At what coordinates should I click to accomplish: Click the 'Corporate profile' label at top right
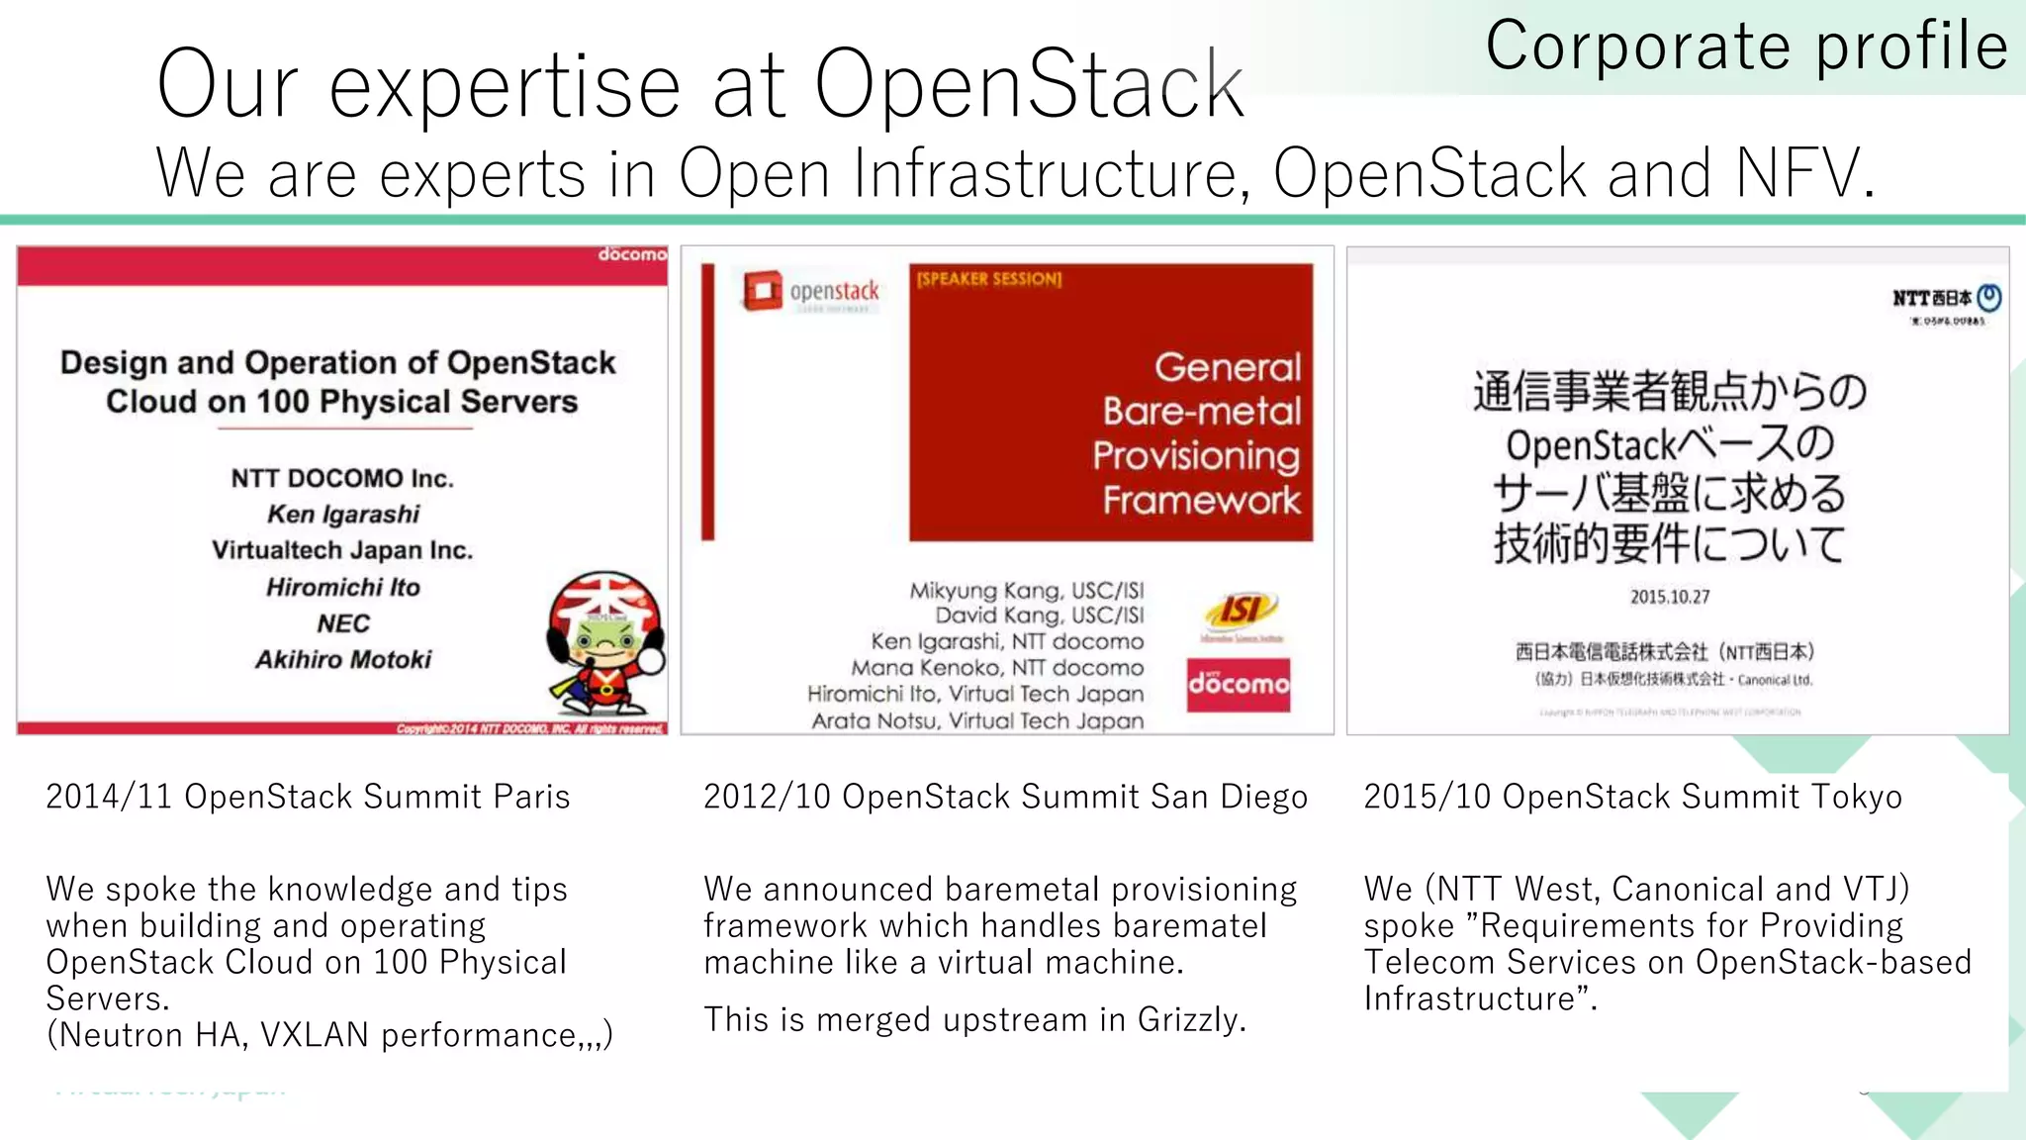pos(1746,47)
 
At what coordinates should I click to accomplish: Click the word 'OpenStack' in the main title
pos(1029,85)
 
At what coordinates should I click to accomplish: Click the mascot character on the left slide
pos(604,644)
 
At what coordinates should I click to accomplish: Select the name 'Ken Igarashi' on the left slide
pos(343,515)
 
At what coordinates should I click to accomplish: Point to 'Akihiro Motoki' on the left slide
pos(343,660)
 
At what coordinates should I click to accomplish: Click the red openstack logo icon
pos(762,291)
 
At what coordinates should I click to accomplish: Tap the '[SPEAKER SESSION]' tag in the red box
pos(988,279)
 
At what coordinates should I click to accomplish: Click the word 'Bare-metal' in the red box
pos(1202,412)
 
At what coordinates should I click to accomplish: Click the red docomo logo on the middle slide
pos(1239,685)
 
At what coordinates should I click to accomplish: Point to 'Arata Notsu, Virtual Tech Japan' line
pos(977,721)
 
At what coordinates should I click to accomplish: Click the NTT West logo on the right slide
pos(1946,299)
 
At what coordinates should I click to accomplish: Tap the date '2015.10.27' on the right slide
pos(1670,597)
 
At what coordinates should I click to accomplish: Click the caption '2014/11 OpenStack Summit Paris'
pos(308,797)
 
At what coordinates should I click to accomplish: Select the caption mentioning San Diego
pos(1005,797)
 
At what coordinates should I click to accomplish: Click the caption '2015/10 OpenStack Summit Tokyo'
pos(1632,797)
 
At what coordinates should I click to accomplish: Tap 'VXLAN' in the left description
pos(315,1035)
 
